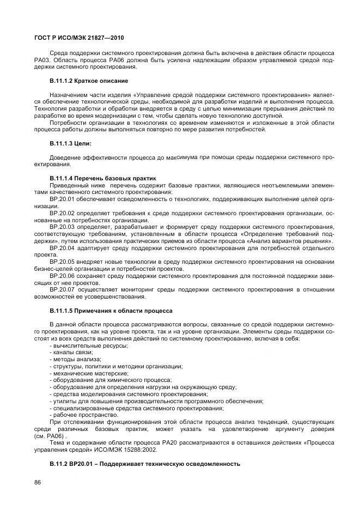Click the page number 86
(38, 482)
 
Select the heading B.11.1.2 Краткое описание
(88, 81)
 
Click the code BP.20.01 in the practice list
(61, 200)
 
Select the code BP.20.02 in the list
(61, 214)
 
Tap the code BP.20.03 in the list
(61, 227)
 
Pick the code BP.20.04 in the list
(61, 247)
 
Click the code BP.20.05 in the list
(61, 261)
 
